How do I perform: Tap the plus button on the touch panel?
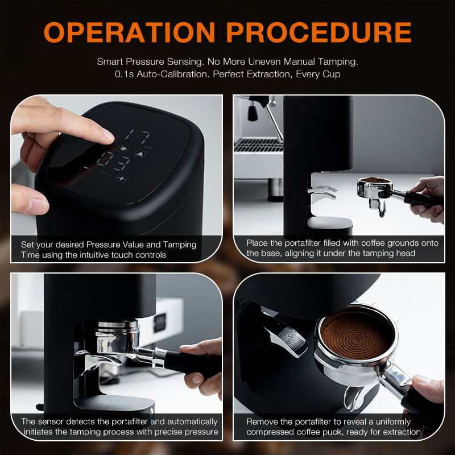pyautogui.click(x=121, y=178)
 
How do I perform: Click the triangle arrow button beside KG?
pyautogui.click(x=140, y=154)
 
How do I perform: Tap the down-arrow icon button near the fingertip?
pyautogui.click(x=123, y=148)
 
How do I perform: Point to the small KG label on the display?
pyautogui.click(x=148, y=148)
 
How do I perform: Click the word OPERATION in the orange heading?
pyautogui.click(x=130, y=32)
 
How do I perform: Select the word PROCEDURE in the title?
pyautogui.click(x=319, y=32)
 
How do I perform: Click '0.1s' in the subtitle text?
pyautogui.click(x=124, y=75)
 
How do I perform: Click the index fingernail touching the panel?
pyautogui.click(x=108, y=134)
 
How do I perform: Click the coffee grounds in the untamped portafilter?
pyautogui.click(x=375, y=180)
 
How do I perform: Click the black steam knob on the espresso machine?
pyautogui.click(x=253, y=113)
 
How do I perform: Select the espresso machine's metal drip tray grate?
pyautogui.click(x=258, y=145)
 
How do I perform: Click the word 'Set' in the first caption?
pyautogui.click(x=27, y=245)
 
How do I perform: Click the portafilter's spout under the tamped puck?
pyautogui.click(x=353, y=398)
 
